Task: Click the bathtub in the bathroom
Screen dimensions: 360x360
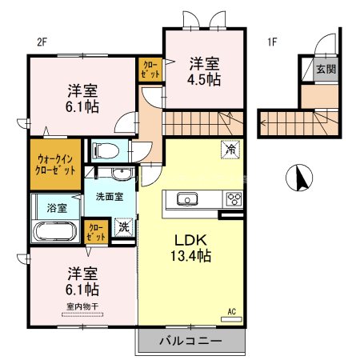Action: (x=56, y=233)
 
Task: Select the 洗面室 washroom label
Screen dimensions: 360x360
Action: (x=110, y=195)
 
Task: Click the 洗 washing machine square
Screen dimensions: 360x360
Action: (x=124, y=226)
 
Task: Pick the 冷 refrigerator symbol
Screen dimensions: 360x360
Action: (x=230, y=150)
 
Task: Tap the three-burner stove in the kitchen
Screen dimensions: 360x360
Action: (x=234, y=199)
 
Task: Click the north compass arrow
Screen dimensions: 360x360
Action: (x=302, y=177)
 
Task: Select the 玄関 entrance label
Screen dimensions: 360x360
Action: (x=326, y=69)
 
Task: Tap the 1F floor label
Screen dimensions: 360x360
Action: (x=273, y=43)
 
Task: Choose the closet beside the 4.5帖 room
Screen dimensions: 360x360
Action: (x=150, y=68)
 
